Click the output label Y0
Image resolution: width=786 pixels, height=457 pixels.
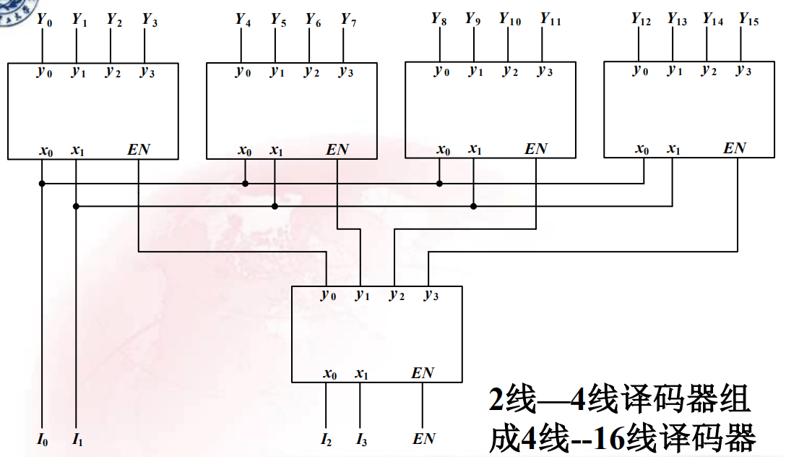click(43, 20)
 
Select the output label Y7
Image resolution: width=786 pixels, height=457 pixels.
click(349, 20)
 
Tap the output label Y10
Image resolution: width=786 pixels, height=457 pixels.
click(510, 20)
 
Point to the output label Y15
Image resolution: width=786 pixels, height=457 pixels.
click(748, 20)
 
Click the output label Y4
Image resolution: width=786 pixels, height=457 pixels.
click(243, 20)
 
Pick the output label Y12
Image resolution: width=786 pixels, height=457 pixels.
click(641, 20)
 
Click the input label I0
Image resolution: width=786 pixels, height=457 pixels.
click(43, 438)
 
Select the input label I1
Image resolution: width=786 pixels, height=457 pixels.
click(77, 438)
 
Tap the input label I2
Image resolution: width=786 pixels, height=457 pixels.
click(327, 438)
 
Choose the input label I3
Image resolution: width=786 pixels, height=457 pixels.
click(361, 438)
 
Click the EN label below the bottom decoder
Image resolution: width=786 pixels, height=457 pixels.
click(423, 438)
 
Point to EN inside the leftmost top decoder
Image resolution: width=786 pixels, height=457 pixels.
click(139, 150)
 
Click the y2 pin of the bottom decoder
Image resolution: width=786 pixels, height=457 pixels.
click(397, 294)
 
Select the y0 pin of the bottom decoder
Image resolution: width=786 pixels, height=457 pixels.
click(329, 294)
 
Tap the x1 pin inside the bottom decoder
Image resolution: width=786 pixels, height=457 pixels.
click(362, 374)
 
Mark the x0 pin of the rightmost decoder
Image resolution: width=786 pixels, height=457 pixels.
click(642, 149)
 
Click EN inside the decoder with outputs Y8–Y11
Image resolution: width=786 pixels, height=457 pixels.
click(536, 149)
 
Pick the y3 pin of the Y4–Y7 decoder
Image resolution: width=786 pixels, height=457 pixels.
click(347, 72)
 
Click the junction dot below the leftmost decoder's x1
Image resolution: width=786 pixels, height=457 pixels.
click(76, 206)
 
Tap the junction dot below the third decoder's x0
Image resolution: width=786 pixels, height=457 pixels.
click(439, 184)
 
